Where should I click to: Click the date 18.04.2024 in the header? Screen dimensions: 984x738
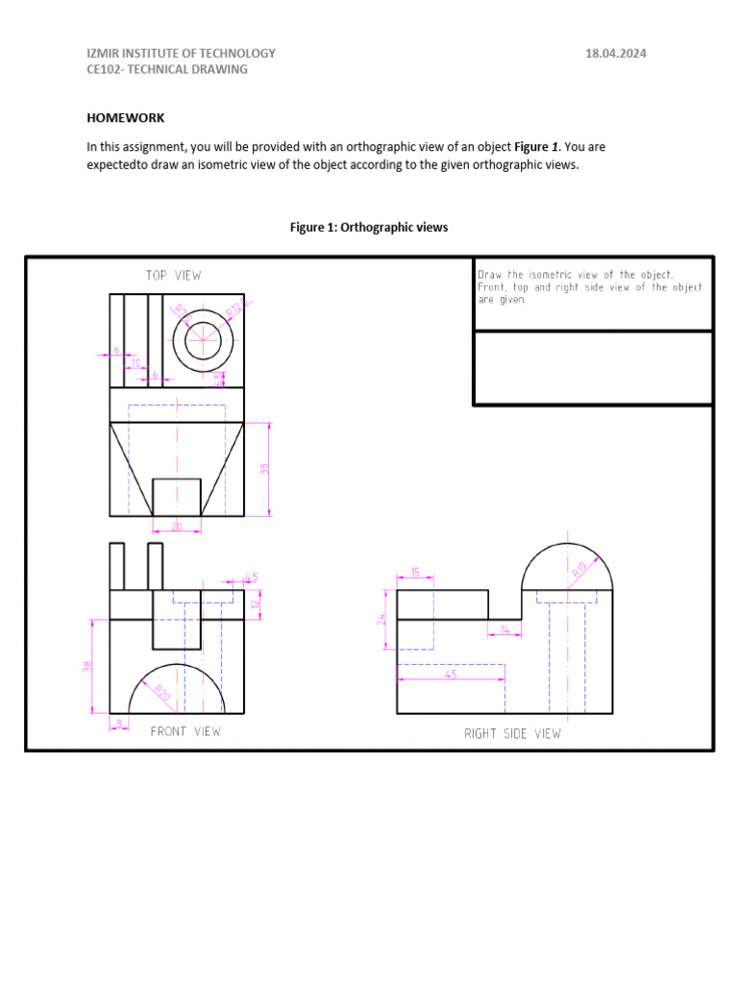[616, 54]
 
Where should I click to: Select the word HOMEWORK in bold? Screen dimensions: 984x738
[126, 118]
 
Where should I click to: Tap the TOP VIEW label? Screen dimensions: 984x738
[174, 276]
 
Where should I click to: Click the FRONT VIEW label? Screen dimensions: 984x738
[185, 732]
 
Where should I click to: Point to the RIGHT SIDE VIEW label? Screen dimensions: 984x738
[512, 734]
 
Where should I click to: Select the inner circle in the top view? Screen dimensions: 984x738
[203, 340]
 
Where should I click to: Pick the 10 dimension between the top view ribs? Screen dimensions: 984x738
[135, 363]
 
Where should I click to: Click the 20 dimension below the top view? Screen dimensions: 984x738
[177, 527]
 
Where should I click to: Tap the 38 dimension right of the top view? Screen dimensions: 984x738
[264, 469]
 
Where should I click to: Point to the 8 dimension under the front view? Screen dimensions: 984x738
[119, 722]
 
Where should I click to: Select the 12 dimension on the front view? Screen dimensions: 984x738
[256, 604]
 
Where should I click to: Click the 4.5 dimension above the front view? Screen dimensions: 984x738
[251, 577]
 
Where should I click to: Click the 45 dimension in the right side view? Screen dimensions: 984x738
[451, 675]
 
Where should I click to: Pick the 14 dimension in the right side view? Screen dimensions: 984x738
[504, 630]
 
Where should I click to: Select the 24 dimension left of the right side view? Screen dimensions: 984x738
[381, 620]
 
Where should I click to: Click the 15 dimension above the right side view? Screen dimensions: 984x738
[415, 573]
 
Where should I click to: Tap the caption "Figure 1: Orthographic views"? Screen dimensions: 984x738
[369, 228]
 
